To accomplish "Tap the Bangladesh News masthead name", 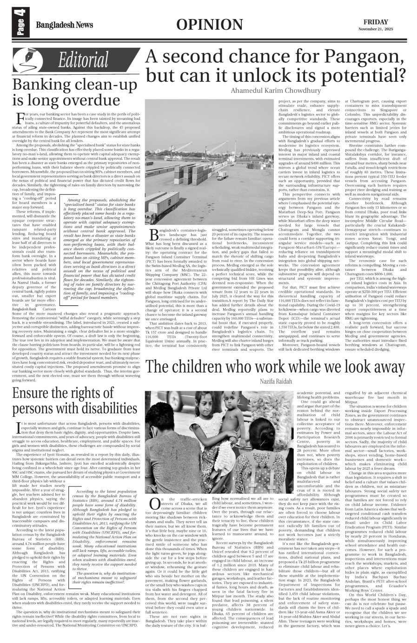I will pyautogui.click(x=65, y=25).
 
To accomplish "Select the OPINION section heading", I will pyautogui.click(x=210, y=25).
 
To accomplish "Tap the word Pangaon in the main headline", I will pyautogui.click(x=354, y=58).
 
